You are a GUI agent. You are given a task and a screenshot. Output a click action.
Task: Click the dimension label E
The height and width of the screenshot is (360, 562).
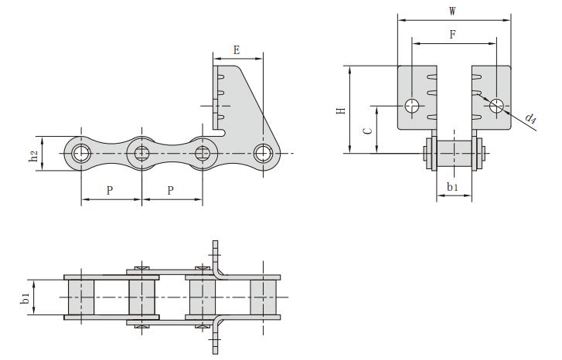pos(237,49)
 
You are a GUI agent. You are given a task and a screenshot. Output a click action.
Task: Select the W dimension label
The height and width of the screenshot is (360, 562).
pos(453,11)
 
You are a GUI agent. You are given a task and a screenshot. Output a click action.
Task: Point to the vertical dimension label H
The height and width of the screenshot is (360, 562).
pos(340,110)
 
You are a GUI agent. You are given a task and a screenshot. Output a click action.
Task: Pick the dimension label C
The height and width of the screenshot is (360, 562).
pos(368,131)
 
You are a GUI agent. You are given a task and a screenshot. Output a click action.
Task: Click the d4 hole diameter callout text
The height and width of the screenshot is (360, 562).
pos(531,118)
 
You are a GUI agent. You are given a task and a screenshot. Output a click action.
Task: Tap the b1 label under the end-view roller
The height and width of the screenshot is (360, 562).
pos(453,187)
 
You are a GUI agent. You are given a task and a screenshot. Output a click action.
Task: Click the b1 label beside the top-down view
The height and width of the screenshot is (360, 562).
pos(25,298)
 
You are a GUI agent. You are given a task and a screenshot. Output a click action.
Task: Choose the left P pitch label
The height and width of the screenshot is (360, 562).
pos(111,190)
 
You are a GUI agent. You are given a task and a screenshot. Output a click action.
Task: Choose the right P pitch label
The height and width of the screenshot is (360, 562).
pos(172,190)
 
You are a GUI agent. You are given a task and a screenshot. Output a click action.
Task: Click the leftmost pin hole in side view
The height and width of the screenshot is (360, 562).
pos(80,153)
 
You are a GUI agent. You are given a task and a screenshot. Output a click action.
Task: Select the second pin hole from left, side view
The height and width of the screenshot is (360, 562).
pos(141,153)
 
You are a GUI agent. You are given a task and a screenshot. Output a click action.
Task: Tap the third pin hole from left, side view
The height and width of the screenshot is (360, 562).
pos(203,153)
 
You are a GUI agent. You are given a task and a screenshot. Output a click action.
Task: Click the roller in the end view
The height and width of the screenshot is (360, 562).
pos(455,153)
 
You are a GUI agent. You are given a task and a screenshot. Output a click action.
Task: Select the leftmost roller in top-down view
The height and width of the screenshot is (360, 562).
pos(80,297)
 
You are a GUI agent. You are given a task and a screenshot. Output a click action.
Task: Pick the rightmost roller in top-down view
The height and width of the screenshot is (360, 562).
pos(264,297)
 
